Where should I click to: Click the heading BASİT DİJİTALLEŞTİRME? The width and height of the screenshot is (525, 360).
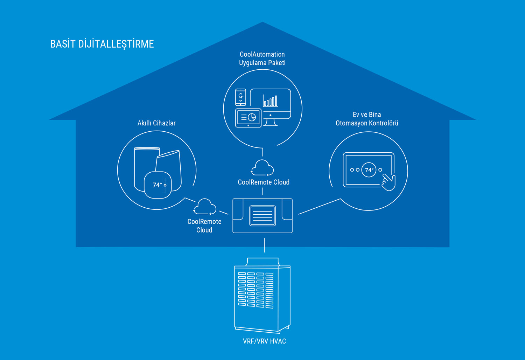click(x=102, y=44)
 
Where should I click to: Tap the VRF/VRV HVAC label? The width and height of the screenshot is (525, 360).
click(x=264, y=341)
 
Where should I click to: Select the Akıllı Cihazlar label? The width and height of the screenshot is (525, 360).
click(x=156, y=123)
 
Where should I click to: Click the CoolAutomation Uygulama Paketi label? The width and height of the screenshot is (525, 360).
click(x=262, y=58)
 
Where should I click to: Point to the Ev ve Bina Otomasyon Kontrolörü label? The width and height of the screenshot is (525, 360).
click(x=367, y=119)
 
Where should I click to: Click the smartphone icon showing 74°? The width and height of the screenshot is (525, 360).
click(x=240, y=97)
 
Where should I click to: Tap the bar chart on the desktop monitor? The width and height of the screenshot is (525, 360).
click(x=271, y=101)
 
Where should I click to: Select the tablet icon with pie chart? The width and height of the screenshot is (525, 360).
click(x=248, y=118)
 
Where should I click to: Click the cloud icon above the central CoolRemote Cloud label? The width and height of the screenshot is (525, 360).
click(x=262, y=168)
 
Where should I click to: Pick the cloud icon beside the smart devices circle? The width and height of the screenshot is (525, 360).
click(x=205, y=207)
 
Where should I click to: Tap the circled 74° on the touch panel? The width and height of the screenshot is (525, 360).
click(x=369, y=170)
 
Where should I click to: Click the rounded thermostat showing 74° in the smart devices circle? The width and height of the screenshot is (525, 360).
click(x=158, y=185)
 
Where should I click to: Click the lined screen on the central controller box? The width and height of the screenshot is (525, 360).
click(x=262, y=215)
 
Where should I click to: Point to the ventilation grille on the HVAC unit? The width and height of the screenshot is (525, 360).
click(x=255, y=290)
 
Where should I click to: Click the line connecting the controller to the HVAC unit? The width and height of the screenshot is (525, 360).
click(x=264, y=245)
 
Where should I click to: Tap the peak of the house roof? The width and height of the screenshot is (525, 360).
click(x=262, y=23)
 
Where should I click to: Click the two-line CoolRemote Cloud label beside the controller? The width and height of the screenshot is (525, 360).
click(x=204, y=226)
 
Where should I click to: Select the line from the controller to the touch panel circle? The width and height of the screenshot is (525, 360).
click(x=319, y=206)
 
